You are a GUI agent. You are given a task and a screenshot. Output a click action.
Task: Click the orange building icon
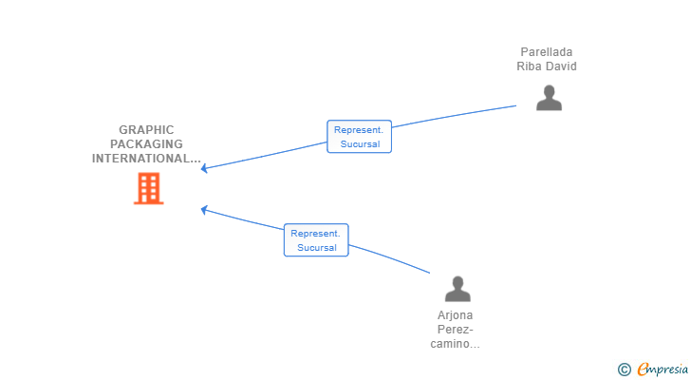148,189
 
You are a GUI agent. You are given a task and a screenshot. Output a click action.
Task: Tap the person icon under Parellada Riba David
549,98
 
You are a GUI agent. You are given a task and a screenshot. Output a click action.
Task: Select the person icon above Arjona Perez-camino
458,289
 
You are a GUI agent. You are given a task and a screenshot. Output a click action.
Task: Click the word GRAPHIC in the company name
146,130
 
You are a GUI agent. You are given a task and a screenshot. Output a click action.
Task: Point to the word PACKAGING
146,144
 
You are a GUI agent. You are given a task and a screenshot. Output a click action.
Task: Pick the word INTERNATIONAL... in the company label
146,159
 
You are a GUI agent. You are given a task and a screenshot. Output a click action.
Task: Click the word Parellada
547,52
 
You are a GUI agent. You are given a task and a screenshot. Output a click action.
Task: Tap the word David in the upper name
562,66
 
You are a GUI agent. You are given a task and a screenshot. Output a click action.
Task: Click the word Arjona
456,315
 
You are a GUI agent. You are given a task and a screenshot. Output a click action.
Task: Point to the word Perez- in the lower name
456,330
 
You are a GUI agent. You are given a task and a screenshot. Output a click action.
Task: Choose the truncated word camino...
455,344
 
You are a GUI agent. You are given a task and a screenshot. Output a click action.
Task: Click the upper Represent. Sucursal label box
359,137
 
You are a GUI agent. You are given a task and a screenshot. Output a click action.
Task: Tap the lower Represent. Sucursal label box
316,240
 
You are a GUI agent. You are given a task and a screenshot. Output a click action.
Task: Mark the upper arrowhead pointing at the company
203,168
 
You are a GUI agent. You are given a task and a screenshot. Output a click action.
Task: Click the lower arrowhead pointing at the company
203,210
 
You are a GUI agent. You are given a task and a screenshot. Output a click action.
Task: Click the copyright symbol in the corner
624,370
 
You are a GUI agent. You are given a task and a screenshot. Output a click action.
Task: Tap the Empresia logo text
663,370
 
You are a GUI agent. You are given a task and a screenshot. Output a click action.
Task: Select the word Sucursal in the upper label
360,144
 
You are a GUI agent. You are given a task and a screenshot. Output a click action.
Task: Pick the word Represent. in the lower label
315,233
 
